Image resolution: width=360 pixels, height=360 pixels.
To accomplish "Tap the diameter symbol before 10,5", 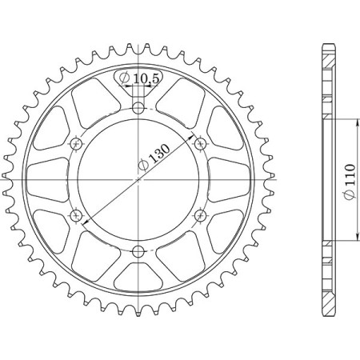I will (126, 78).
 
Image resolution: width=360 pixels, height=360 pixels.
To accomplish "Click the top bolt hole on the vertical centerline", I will (139, 108).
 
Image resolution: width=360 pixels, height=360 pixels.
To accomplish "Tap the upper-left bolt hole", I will (77, 144).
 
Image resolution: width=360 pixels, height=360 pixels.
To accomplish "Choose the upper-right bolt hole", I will (201, 144).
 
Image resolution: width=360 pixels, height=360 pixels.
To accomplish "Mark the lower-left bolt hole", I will (77, 215).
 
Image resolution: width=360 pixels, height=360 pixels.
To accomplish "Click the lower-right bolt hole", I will (201, 215).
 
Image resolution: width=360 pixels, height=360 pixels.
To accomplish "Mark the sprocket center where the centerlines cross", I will (139, 180).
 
